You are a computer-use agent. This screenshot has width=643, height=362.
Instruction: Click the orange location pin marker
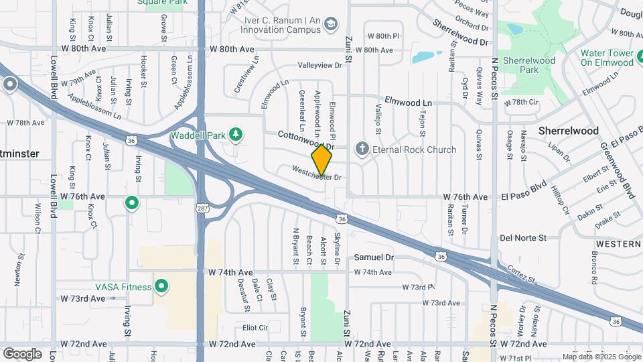(x=322, y=160)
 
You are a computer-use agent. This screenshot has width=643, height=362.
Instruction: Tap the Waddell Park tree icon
(x=235, y=135)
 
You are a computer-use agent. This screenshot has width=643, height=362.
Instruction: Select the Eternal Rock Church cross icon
(x=362, y=149)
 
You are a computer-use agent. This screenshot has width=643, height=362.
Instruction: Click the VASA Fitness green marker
(x=161, y=287)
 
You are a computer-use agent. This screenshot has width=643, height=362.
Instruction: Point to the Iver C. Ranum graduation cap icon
(x=330, y=25)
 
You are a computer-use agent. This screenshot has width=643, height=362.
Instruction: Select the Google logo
(x=22, y=353)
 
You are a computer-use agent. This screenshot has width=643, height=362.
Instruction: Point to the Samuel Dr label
(x=374, y=257)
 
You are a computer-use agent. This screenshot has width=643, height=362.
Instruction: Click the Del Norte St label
(x=523, y=238)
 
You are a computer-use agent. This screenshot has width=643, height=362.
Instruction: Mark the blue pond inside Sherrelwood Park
(x=514, y=29)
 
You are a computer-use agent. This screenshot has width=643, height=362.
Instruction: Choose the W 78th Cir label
(x=525, y=102)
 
